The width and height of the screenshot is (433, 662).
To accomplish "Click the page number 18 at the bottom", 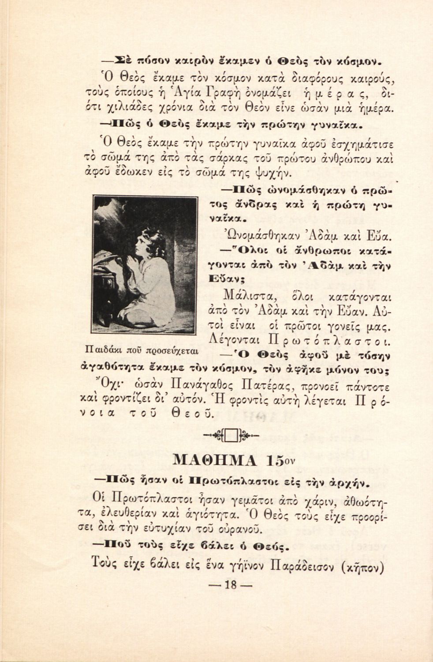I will [228, 585].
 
